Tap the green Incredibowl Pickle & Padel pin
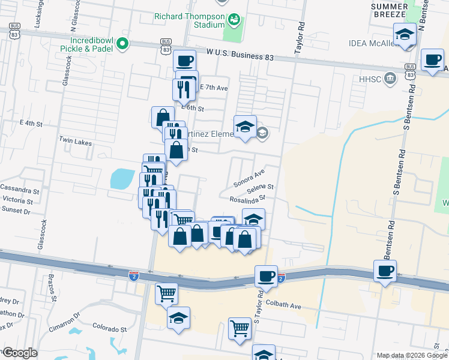click(x=124, y=43)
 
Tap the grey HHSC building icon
click(x=391, y=77)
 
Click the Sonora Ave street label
click(x=249, y=178)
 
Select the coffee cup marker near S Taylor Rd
click(x=266, y=277)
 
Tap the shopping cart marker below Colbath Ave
click(x=240, y=328)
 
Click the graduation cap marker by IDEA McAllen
click(x=405, y=34)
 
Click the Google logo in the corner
click(x=20, y=353)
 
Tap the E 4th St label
click(x=31, y=123)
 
